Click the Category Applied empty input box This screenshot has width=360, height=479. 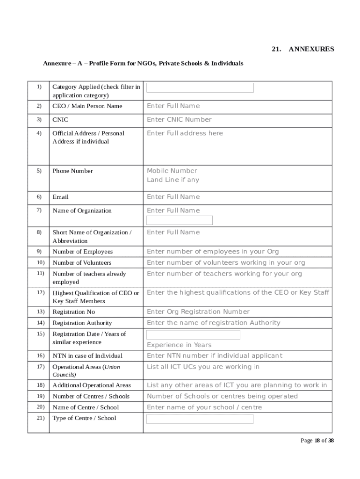200,88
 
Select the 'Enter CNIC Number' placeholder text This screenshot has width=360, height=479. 179,120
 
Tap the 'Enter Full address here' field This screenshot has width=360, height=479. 185,133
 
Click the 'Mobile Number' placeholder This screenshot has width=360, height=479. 172,171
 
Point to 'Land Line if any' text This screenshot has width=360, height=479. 173,180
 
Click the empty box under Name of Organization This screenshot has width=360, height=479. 180,220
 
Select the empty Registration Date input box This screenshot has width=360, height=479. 193,335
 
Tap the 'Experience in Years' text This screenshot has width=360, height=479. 179,345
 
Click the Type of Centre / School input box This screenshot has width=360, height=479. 200,419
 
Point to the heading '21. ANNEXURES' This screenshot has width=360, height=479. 303,49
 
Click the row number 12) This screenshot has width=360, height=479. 40,292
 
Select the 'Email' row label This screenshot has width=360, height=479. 60,197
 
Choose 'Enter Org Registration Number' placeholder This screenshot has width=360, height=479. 198,312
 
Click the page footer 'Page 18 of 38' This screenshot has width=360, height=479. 317,440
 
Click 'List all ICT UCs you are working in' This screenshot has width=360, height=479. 203,367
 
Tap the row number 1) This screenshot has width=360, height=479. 39,87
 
